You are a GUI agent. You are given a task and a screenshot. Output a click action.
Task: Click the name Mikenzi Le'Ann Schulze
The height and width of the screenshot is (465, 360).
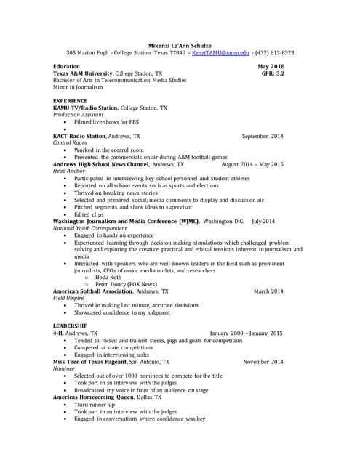tap(180, 45)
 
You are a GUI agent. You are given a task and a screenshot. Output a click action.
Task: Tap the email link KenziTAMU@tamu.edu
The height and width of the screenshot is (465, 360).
tap(220, 53)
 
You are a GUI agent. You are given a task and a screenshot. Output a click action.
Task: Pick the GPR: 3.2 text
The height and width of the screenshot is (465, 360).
tap(273, 73)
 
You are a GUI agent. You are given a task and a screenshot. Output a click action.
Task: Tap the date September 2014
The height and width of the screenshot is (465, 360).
tap(263, 136)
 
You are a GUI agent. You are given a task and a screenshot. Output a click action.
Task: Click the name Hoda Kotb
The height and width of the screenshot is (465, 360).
tap(108, 277)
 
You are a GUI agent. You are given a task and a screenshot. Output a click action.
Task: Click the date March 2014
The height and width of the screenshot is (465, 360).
tap(268, 291)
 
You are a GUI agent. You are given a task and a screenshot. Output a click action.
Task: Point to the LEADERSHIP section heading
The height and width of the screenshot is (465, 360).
tap(71, 325)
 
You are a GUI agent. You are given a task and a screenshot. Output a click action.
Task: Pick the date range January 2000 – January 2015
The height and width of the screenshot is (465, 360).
tap(246, 333)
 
